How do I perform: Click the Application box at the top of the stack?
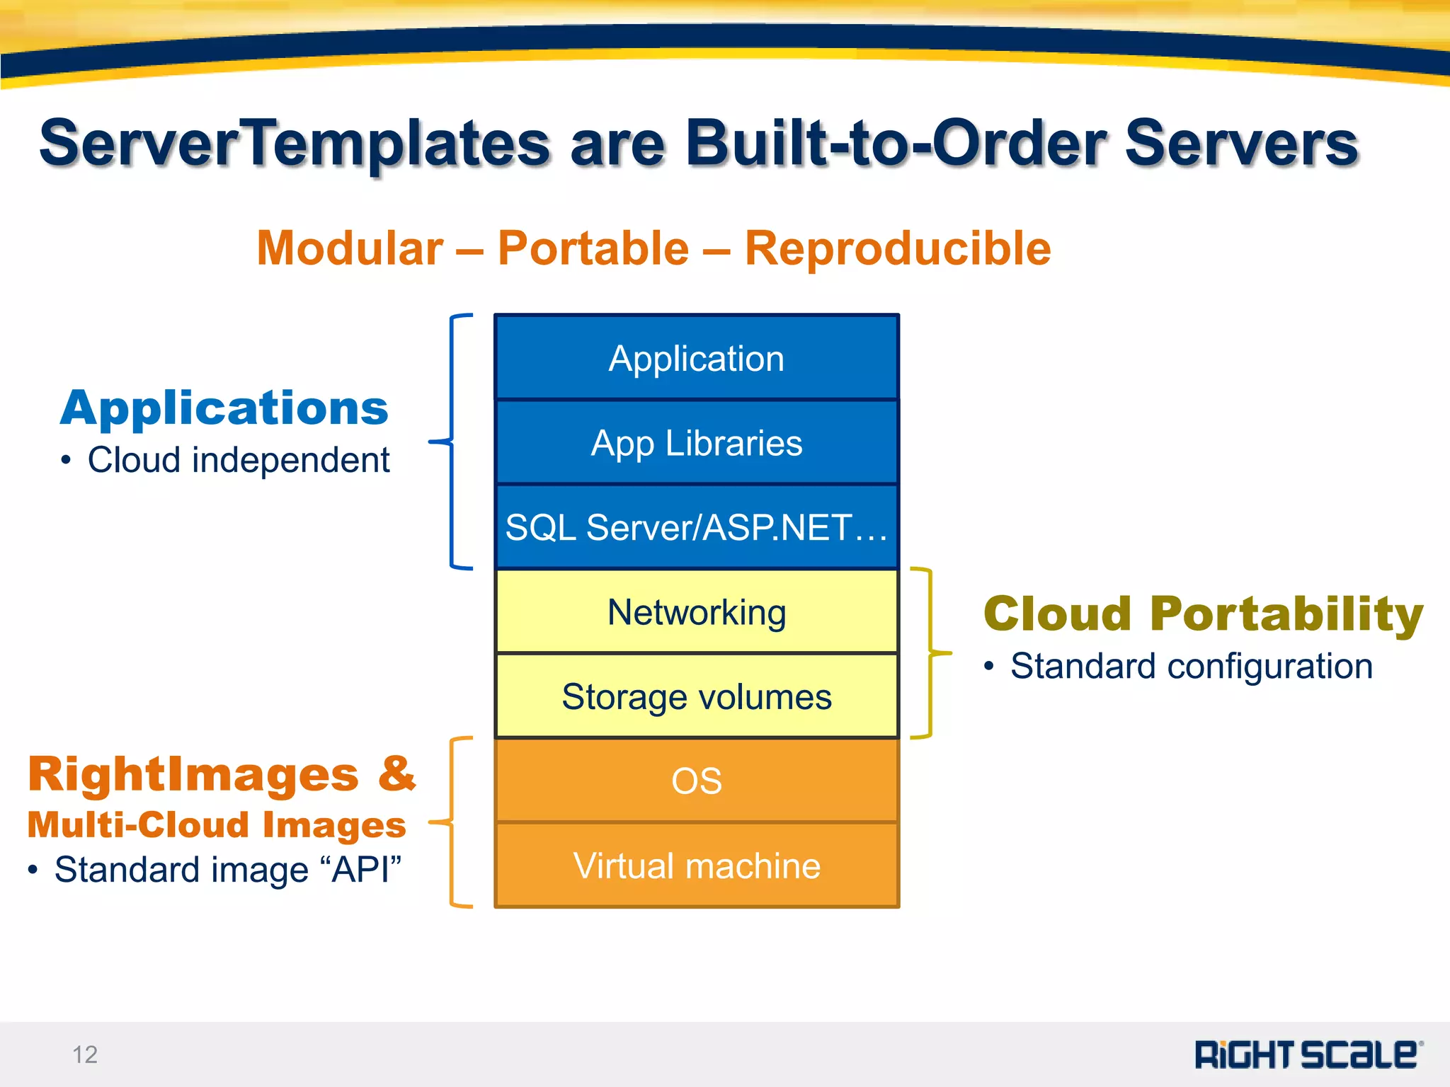pos(697,358)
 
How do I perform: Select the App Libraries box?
pos(697,443)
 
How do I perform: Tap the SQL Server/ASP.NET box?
pos(697,527)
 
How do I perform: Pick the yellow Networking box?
pos(697,612)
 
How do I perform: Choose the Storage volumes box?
pos(697,696)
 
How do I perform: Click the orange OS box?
pos(697,781)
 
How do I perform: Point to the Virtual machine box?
pos(697,865)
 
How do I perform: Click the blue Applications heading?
pos(224,408)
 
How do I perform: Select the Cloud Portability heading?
pos(1203,614)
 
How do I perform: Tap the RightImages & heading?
pos(222,774)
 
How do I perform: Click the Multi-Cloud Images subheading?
pos(217,825)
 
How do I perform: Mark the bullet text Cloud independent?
pos(238,461)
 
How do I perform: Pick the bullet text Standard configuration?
pos(1191,667)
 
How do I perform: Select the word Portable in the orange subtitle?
pos(593,248)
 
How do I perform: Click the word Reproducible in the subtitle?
pos(897,248)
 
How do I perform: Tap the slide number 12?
pos(85,1054)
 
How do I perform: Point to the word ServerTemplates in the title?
pos(295,144)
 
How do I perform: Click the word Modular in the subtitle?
pos(350,248)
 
